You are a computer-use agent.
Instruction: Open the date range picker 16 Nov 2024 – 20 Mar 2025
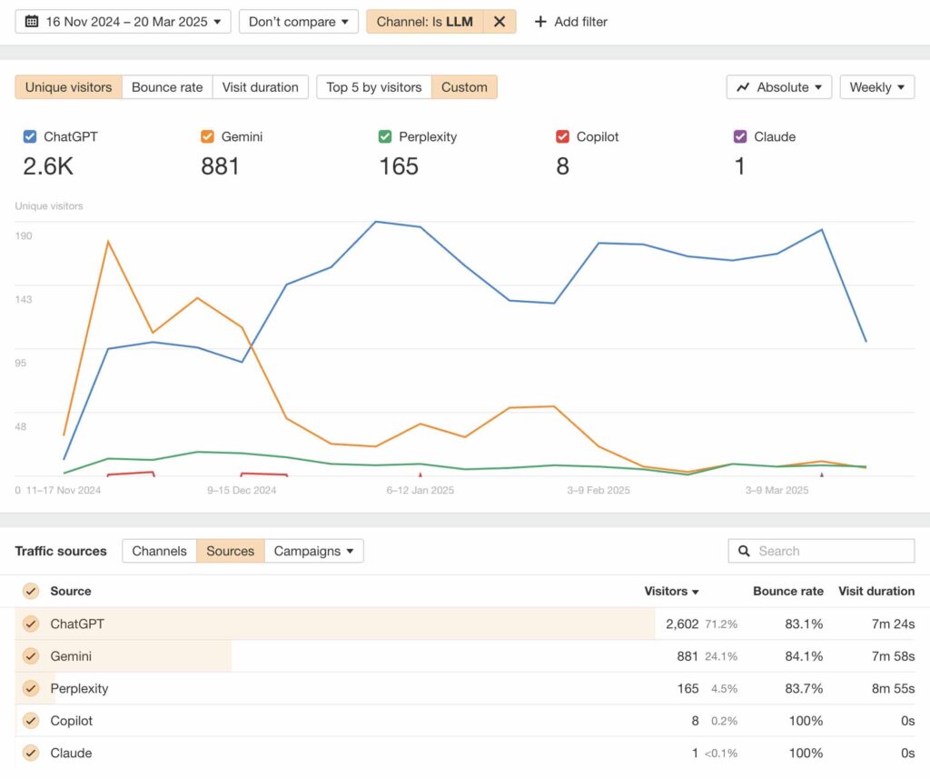coord(123,22)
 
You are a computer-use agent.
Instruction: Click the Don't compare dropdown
coord(298,22)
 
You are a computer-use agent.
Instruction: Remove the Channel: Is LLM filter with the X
coord(500,22)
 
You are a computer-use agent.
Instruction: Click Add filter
coord(570,22)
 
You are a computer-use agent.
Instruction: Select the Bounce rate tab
coord(167,87)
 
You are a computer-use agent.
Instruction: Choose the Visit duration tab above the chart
coord(261,87)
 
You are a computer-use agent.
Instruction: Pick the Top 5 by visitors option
coord(373,87)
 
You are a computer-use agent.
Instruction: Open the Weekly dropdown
coord(876,87)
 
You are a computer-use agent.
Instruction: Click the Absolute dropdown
coord(778,87)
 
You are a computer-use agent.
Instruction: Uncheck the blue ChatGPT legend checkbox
coord(30,136)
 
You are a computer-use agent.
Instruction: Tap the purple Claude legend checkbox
coord(740,136)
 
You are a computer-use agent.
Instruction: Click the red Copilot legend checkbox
coord(562,136)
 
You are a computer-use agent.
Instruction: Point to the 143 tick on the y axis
coord(24,299)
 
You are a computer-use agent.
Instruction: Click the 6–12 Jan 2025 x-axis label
coord(420,491)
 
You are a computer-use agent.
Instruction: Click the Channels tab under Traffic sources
coord(159,551)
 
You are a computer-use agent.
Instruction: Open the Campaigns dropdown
coord(313,551)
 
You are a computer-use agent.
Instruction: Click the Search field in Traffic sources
coord(821,551)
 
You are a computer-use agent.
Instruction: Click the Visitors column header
coord(671,592)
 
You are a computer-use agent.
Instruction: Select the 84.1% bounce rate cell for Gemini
coord(804,656)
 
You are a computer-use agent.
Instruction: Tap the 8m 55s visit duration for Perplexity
coord(893,689)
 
